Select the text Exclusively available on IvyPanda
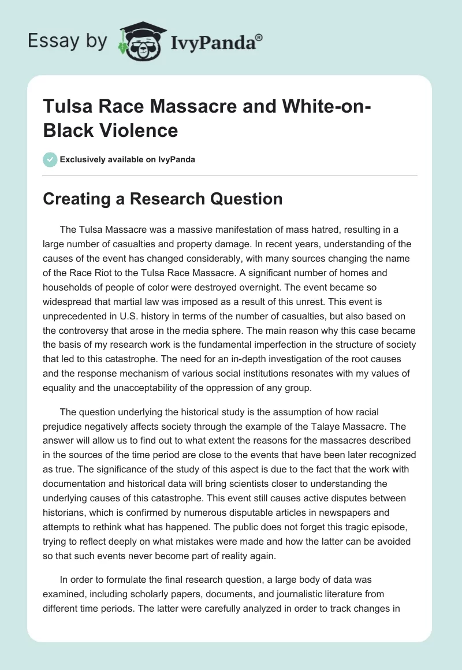pyautogui.click(x=126, y=160)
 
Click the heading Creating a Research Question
pyautogui.click(x=163, y=199)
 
